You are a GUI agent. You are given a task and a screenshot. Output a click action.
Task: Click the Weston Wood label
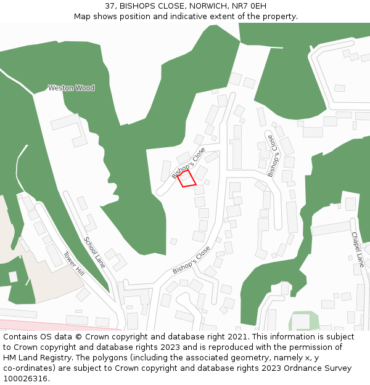point(72,88)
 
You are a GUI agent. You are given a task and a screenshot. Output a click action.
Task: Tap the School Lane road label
point(94,253)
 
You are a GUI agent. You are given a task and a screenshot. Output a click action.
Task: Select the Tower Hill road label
point(74,263)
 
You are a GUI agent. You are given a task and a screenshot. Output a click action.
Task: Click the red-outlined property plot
point(187,179)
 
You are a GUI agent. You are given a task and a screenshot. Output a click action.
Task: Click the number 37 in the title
point(110,6)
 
